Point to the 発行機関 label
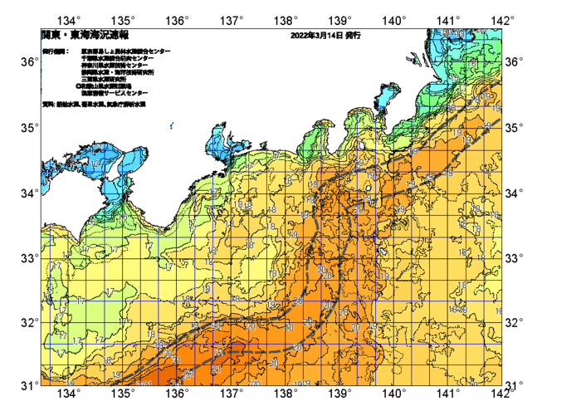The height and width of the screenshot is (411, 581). (56, 51)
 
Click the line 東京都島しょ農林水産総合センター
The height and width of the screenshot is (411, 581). (124, 51)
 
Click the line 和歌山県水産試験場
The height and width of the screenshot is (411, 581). (104, 86)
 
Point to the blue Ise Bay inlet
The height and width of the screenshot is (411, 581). (218, 141)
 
